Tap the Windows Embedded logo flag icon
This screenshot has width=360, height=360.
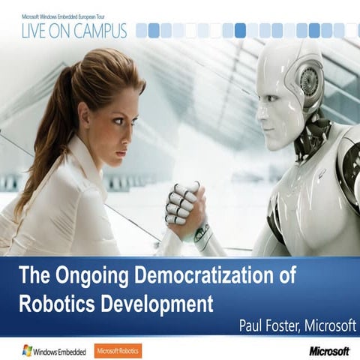[26, 350]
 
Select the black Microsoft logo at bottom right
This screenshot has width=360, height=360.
[329, 350]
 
